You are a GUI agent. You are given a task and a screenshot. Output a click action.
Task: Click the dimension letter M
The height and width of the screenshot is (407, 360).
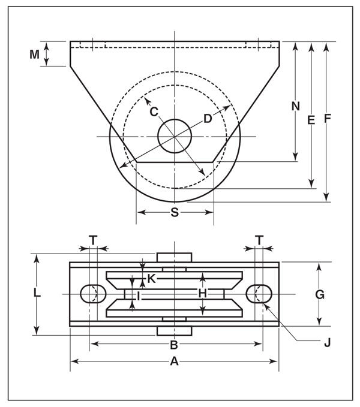click(35, 55)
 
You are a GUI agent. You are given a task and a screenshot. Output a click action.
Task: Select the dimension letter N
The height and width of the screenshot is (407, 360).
click(295, 106)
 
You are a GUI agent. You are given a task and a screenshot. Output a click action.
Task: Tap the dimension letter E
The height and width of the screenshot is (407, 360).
click(311, 120)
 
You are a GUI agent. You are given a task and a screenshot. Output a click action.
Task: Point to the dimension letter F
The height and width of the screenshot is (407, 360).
click(327, 119)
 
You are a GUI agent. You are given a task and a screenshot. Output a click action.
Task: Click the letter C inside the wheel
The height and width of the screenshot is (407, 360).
click(154, 111)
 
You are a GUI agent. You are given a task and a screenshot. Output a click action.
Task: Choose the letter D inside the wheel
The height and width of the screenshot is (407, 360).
click(208, 119)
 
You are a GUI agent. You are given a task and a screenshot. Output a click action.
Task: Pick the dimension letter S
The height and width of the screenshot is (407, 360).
click(175, 212)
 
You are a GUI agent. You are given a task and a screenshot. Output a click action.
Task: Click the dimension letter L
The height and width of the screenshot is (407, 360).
click(37, 294)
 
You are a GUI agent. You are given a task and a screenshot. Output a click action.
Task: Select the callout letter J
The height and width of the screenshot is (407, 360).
click(327, 343)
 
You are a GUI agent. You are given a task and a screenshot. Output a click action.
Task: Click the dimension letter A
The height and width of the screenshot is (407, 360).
click(174, 361)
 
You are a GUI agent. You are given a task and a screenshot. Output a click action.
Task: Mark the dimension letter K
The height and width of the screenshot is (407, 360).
click(152, 279)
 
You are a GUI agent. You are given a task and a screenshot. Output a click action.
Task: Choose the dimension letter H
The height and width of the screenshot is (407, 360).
click(203, 293)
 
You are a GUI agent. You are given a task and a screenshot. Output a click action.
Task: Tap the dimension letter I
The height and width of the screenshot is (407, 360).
click(138, 296)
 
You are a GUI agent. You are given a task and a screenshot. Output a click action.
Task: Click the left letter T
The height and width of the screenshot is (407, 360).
click(93, 240)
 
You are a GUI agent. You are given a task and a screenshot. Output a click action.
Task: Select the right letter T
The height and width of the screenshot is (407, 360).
click(259, 240)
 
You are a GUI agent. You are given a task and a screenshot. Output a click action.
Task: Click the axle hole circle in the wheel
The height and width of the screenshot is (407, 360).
click(175, 135)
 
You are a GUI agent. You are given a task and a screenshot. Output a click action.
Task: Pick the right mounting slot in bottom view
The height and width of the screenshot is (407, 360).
click(259, 294)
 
